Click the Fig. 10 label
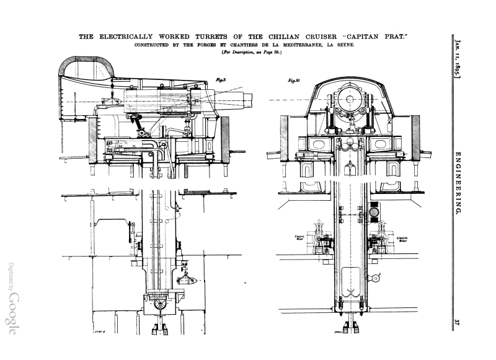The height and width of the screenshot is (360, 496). (295, 81)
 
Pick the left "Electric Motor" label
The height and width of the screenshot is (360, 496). (300, 237)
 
